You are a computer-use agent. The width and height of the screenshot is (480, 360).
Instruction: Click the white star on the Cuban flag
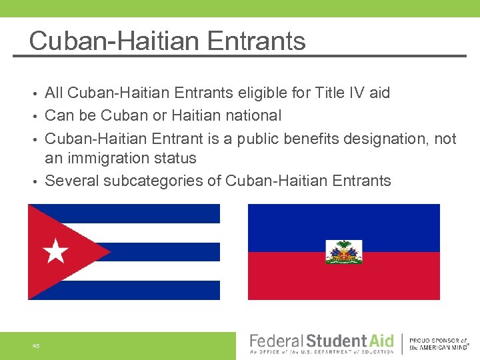tap(56, 252)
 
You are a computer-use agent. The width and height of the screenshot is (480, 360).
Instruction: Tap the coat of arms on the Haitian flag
tap(343, 252)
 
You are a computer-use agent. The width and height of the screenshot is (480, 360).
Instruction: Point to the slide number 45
tap(35, 345)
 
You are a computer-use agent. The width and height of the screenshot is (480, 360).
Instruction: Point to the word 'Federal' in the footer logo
tap(276, 341)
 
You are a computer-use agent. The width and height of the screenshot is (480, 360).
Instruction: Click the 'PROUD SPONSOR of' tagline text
tap(438, 340)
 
